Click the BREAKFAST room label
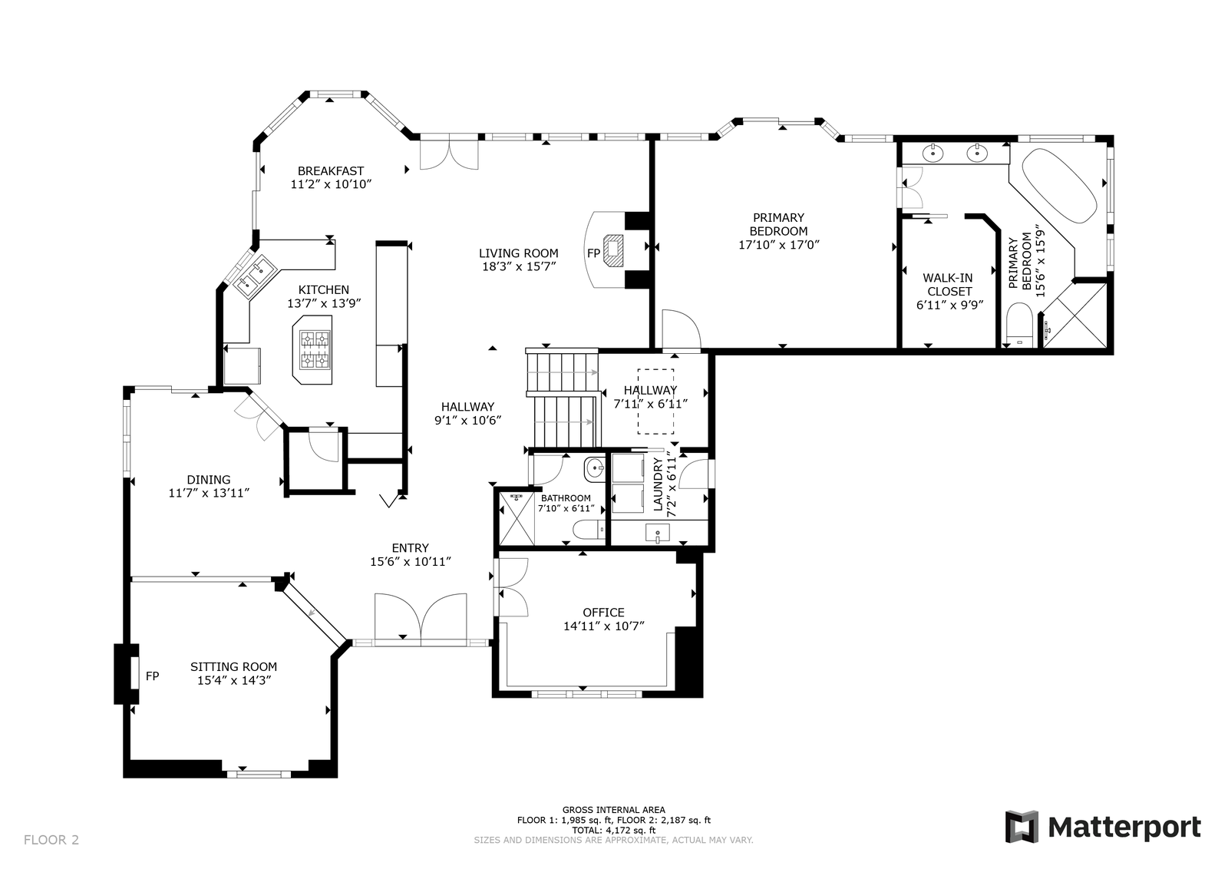point(331,171)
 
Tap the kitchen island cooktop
point(315,350)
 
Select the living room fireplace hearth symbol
point(613,250)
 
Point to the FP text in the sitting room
point(153,676)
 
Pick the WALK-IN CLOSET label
point(949,285)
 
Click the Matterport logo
point(1103,827)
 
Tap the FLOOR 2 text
point(51,840)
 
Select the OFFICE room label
point(603,613)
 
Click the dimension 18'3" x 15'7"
point(519,266)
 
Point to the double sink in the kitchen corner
point(254,276)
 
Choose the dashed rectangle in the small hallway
point(655,401)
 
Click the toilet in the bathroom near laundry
point(588,530)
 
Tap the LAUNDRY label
point(659,484)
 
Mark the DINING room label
point(208,480)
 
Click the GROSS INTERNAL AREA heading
point(613,810)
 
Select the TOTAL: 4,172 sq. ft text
point(613,830)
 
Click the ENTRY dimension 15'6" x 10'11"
point(410,561)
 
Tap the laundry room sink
point(657,533)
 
